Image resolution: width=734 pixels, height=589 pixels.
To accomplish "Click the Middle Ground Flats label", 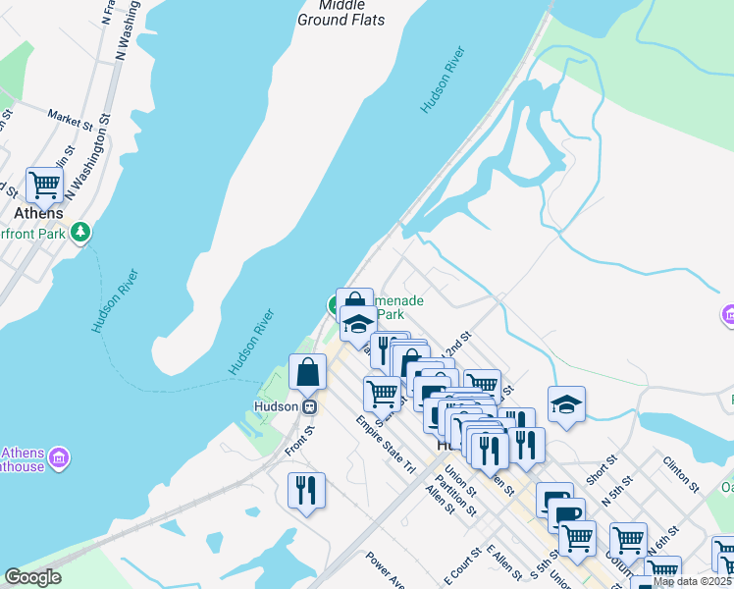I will pos(341,13).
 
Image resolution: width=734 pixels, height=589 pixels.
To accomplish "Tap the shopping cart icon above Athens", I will pos(44,184).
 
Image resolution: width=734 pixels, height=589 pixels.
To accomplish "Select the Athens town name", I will pos(39,213).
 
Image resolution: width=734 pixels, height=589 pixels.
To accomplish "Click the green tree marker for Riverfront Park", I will pos(80,233).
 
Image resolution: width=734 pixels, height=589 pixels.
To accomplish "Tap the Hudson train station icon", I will pos(309,405).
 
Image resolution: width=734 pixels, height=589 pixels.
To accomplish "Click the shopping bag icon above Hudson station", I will pos(308,373).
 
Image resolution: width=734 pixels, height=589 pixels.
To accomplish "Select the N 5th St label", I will pos(613,498).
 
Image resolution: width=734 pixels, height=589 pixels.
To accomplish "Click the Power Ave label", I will pos(384,568).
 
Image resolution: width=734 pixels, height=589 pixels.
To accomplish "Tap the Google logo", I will pos(32,577).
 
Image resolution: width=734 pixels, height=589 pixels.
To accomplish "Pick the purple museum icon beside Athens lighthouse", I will pos(59,458).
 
